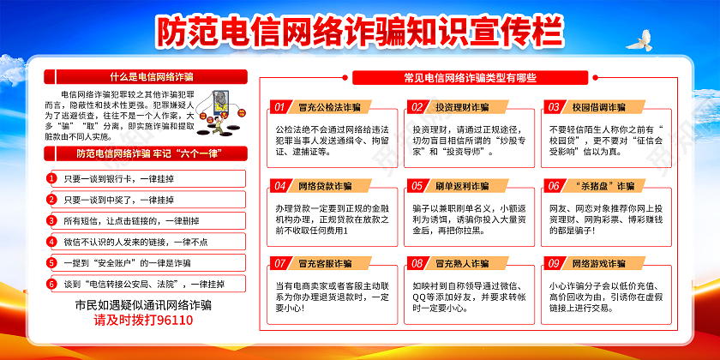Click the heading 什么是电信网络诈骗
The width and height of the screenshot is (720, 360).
139,76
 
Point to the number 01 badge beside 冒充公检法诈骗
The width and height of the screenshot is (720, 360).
279,107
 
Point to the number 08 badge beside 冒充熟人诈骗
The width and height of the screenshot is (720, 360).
417,263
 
